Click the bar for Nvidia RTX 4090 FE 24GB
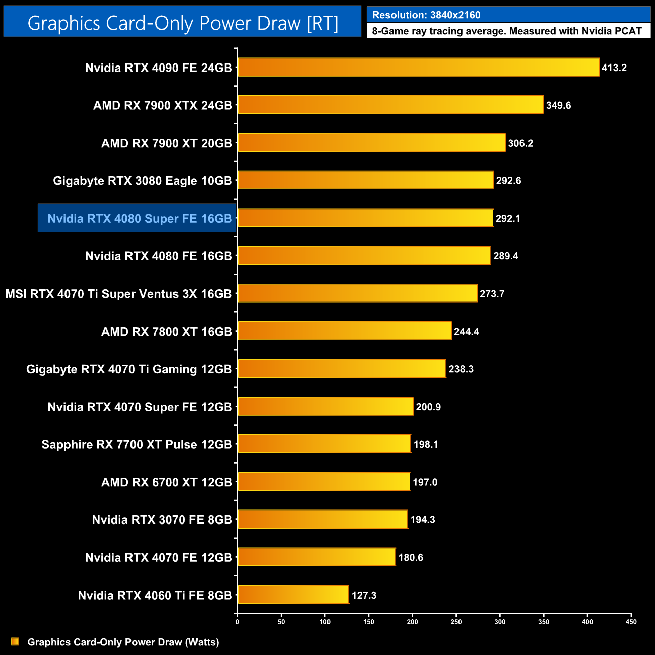pyautogui.click(x=418, y=68)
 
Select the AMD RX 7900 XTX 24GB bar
pyautogui.click(x=390, y=105)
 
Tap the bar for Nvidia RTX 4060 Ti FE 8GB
pyautogui.click(x=293, y=595)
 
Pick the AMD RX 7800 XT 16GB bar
pyautogui.click(x=345, y=331)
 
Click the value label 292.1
pyautogui.click(x=508, y=218)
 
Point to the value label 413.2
pyautogui.click(x=614, y=68)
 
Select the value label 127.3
pyautogui.click(x=364, y=595)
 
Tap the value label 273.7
pyautogui.click(x=492, y=294)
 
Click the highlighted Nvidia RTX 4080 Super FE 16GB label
pyautogui.click(x=140, y=218)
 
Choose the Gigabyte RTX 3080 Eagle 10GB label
pyautogui.click(x=143, y=181)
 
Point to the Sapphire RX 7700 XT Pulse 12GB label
pyautogui.click(x=137, y=444)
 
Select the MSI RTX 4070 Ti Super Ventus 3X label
pyautogui.click(x=118, y=294)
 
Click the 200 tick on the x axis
pyautogui.click(x=413, y=622)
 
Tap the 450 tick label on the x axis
pyautogui.click(x=631, y=622)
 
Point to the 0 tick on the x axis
pyautogui.click(x=237, y=622)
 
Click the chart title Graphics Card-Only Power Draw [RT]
pyautogui.click(x=182, y=23)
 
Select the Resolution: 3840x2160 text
pyautogui.click(x=426, y=15)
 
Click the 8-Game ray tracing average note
pyautogui.click(x=507, y=31)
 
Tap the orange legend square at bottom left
pyautogui.click(x=15, y=641)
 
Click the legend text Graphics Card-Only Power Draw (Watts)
pyautogui.click(x=123, y=642)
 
